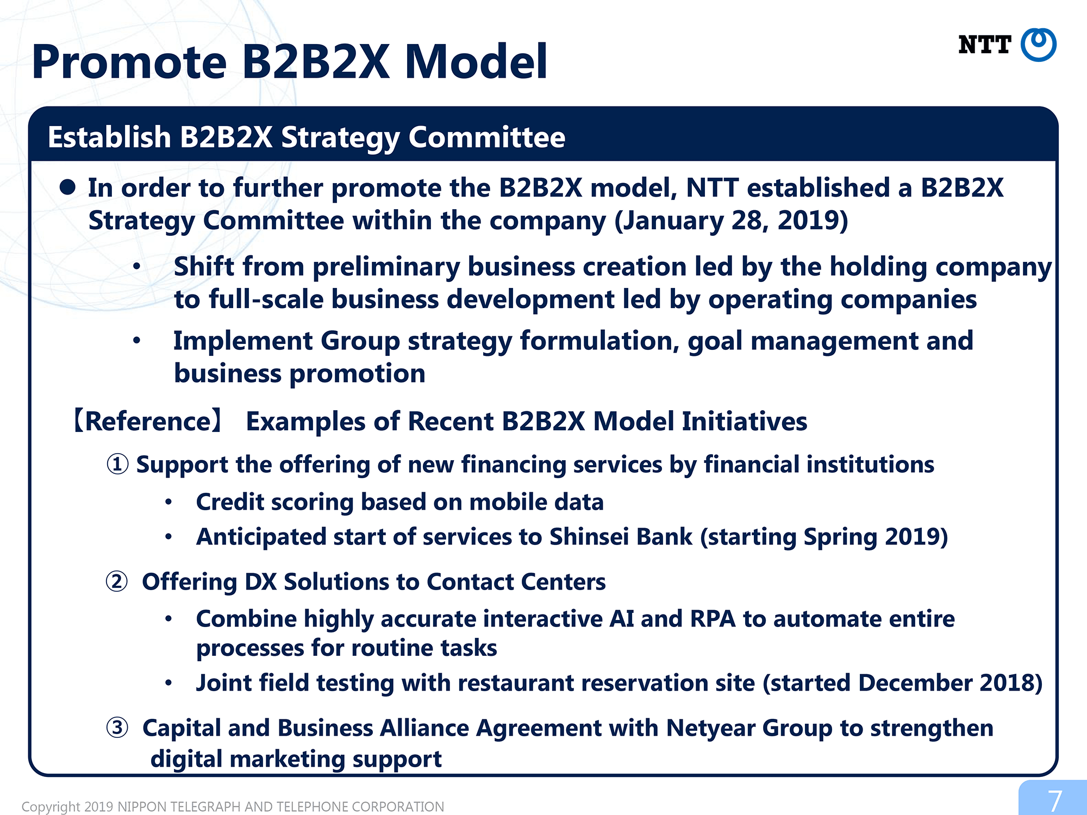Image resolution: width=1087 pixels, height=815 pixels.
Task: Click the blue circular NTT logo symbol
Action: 1039,45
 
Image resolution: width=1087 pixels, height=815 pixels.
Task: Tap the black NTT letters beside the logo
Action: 985,45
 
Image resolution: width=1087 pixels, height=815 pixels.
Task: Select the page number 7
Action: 1055,801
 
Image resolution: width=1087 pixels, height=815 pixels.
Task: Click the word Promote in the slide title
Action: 129,62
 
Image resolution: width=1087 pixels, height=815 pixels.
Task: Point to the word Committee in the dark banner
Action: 487,137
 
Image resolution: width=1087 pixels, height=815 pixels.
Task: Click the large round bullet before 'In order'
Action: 67,187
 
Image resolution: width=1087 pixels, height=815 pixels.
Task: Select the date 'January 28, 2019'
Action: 731,221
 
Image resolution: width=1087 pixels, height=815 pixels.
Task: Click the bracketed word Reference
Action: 148,422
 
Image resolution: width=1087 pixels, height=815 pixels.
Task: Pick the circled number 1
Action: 117,465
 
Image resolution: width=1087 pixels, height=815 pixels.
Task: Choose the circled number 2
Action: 117,582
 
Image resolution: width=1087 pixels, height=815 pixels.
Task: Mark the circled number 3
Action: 117,728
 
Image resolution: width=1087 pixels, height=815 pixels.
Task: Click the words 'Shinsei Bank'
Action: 621,537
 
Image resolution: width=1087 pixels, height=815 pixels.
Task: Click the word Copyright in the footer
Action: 51,807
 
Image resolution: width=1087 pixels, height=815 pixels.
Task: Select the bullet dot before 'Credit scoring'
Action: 168,503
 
